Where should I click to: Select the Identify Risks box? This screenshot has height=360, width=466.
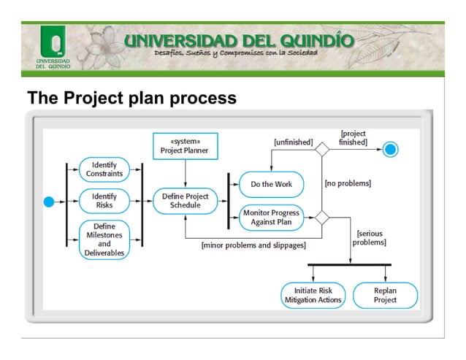[x=104, y=201]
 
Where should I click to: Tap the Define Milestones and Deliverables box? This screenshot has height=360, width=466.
[x=104, y=239]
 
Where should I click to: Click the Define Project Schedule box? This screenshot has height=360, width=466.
[x=185, y=201]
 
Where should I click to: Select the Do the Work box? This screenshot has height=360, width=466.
[x=270, y=184]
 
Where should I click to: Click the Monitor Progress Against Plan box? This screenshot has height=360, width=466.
[x=270, y=217]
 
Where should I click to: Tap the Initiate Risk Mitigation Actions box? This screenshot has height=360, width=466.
[x=312, y=295]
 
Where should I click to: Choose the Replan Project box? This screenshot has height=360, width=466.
[x=385, y=295]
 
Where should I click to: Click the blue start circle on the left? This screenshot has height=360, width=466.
[x=50, y=201]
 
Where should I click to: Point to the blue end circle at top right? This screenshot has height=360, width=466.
[x=391, y=150]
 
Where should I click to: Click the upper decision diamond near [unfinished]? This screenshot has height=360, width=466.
[x=321, y=150]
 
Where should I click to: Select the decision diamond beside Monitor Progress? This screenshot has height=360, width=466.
[x=321, y=218]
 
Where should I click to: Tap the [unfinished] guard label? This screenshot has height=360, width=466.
[x=292, y=142]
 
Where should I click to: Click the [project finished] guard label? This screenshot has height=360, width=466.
[x=354, y=138]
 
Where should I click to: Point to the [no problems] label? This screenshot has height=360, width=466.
[x=348, y=183]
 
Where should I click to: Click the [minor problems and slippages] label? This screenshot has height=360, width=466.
[x=253, y=245]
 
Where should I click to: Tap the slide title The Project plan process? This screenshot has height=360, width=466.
[x=131, y=97]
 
